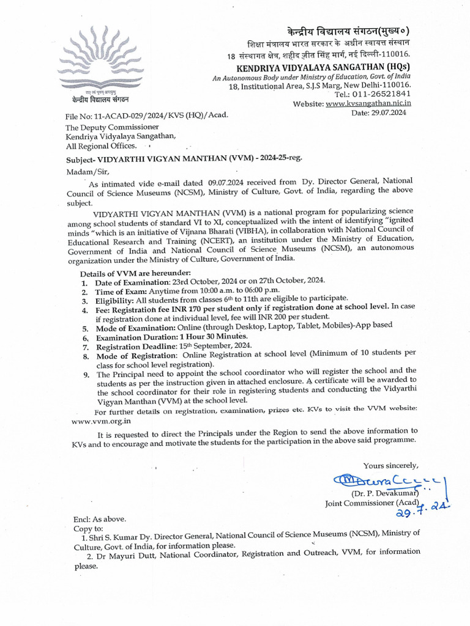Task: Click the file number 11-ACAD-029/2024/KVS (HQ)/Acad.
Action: pos(147,116)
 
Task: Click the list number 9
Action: pos(87,374)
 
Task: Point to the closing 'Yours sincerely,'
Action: pos(391,465)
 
